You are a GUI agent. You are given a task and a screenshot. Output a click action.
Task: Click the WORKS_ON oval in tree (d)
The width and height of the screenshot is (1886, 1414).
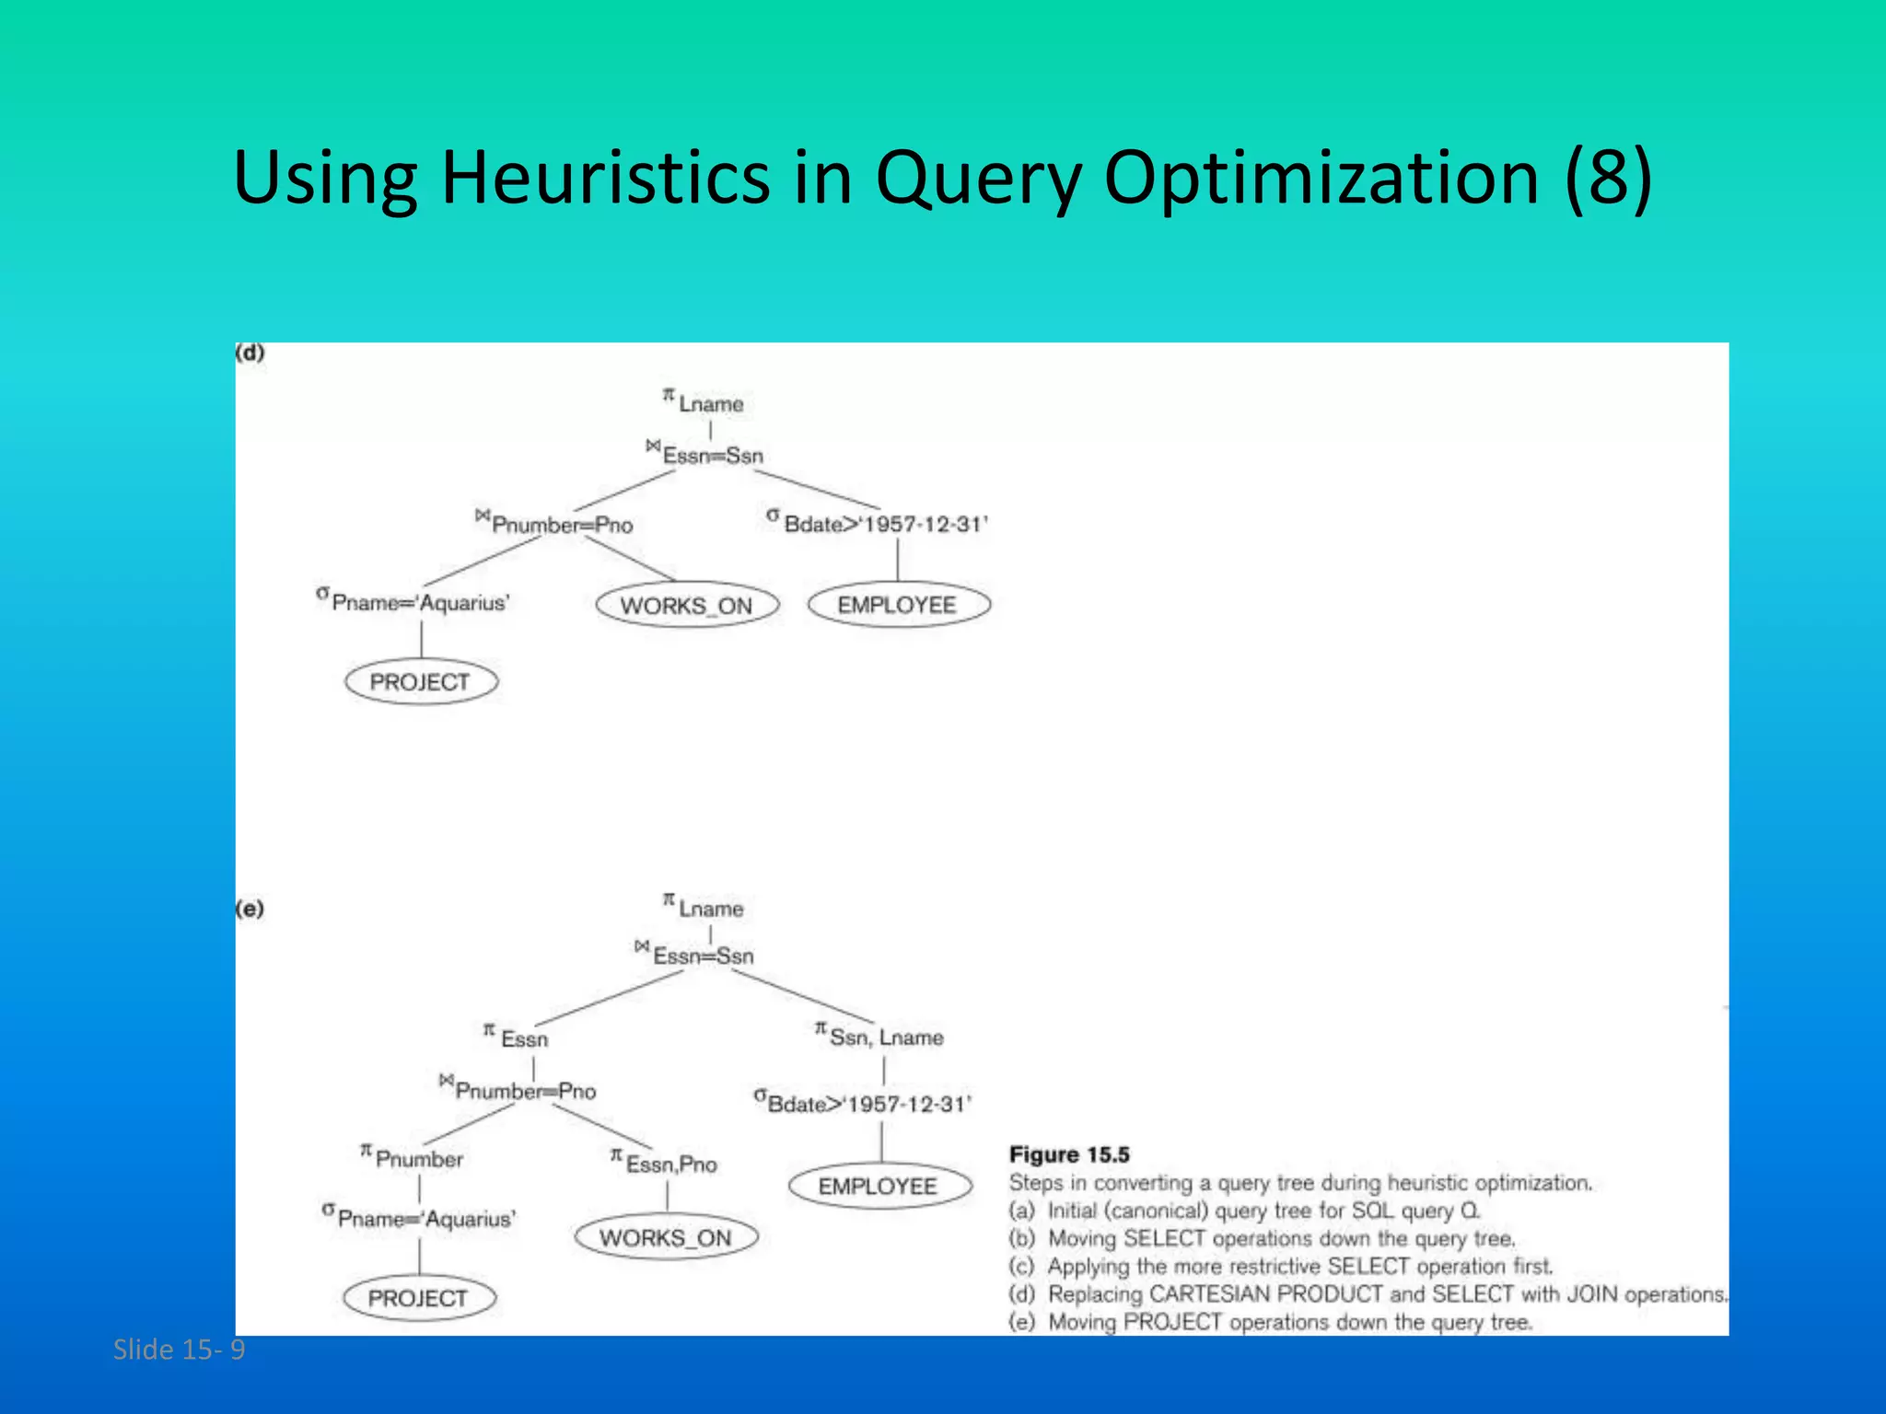click(x=687, y=606)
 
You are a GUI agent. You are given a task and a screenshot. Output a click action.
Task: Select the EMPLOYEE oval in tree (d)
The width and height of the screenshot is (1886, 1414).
click(x=898, y=605)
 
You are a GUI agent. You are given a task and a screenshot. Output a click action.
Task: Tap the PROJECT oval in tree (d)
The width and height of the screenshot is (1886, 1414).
click(x=421, y=682)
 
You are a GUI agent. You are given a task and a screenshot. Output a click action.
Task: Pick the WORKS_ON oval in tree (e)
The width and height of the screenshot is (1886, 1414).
click(x=666, y=1237)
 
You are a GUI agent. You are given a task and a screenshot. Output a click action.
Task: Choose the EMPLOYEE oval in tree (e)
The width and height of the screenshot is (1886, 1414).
click(x=879, y=1186)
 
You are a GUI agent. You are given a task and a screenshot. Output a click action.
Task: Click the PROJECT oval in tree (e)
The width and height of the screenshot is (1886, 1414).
click(x=419, y=1298)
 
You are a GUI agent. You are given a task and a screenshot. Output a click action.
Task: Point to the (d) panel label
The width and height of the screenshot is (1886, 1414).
click(x=250, y=353)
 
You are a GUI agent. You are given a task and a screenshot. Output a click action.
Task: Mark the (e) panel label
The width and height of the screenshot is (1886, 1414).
click(x=250, y=910)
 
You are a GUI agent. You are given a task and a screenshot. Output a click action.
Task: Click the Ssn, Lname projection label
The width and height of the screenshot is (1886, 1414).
click(x=880, y=1037)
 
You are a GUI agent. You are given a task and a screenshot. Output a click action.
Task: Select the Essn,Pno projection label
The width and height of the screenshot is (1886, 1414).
click(x=665, y=1163)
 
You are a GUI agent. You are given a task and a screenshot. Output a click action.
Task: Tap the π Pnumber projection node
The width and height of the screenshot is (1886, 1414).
click(x=413, y=1157)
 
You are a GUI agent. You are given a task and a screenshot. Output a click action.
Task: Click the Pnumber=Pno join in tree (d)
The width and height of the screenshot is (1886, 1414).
click(x=555, y=524)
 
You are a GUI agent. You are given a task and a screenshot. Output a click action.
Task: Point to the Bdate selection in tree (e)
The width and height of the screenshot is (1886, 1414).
click(x=863, y=1103)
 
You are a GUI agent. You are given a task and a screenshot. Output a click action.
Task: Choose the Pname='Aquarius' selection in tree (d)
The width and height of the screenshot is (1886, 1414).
click(x=413, y=602)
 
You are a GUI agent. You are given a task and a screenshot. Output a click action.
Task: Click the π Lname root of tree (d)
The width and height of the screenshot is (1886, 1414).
click(x=704, y=402)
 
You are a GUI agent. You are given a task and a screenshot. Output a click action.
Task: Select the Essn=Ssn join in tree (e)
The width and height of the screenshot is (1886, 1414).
click(x=695, y=955)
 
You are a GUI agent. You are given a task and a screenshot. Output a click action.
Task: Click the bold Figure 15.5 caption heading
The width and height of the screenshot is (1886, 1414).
click(x=1069, y=1154)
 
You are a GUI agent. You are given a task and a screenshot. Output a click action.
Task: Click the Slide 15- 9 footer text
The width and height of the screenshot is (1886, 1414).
click(x=179, y=1350)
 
